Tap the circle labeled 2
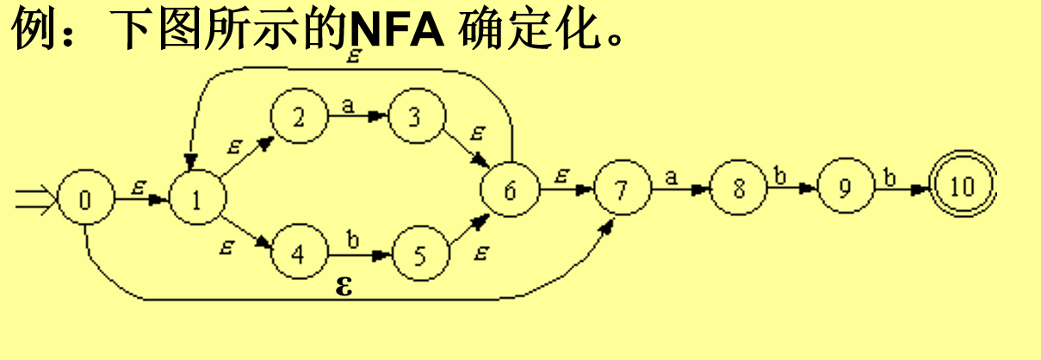pos(298,117)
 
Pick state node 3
pos(415,117)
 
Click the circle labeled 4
pos(298,255)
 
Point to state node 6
pos(510,190)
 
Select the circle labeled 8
pos(738,189)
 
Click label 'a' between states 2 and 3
pos(348,105)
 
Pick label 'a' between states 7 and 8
pos(671,177)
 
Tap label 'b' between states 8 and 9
pos(781,177)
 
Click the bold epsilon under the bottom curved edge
pos(344,286)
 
